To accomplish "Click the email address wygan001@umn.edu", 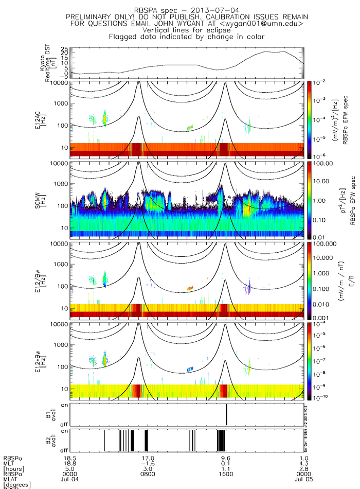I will click(x=263, y=24).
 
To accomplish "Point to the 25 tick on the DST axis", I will click(x=65, y=49).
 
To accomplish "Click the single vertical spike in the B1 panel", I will click(x=227, y=414).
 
